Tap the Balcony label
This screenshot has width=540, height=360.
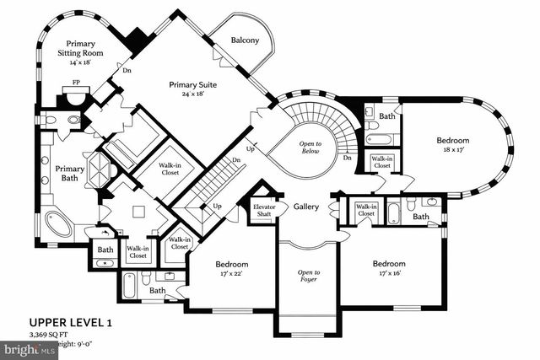point(245,39)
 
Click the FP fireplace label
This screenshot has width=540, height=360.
point(77,83)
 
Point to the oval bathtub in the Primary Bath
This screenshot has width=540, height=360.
point(58,224)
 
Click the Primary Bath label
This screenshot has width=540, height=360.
point(70,174)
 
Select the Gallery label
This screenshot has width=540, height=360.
point(305,207)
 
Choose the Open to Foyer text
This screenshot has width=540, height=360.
point(309,277)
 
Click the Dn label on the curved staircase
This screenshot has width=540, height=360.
point(347,158)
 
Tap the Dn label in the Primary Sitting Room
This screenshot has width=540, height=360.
point(127,71)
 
